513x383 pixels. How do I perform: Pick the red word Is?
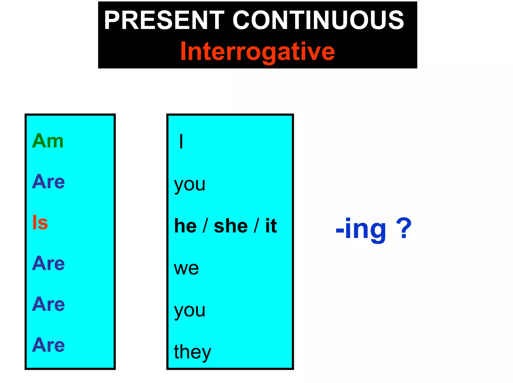pyautogui.click(x=40, y=222)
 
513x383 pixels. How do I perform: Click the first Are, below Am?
pyautogui.click(x=48, y=182)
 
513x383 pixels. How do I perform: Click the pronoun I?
pyautogui.click(x=181, y=142)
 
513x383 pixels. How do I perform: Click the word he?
pyautogui.click(x=185, y=226)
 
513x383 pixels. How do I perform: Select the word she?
pyautogui.click(x=231, y=226)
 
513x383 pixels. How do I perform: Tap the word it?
pyautogui.click(x=271, y=226)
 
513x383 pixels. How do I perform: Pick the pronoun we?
pyautogui.click(x=186, y=268)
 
